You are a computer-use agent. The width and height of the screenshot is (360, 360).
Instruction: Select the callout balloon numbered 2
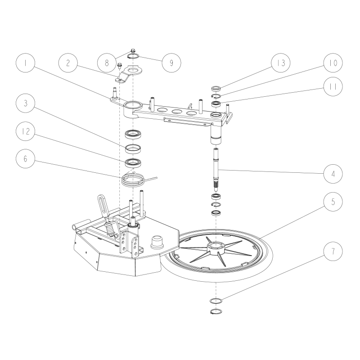pos(67,63)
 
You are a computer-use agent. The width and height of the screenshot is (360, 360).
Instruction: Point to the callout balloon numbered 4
pos(333,173)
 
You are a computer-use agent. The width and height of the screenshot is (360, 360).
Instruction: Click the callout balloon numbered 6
pos(26,159)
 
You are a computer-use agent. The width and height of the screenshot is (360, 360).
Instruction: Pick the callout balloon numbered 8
pos(107,63)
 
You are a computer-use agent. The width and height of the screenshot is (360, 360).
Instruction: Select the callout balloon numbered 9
pos(171,63)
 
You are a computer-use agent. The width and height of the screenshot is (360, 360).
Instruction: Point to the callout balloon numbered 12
pos(26,131)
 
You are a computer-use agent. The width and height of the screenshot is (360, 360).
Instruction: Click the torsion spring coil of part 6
pos(133,180)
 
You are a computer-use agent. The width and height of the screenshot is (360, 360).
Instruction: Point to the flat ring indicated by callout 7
pos(216,301)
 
